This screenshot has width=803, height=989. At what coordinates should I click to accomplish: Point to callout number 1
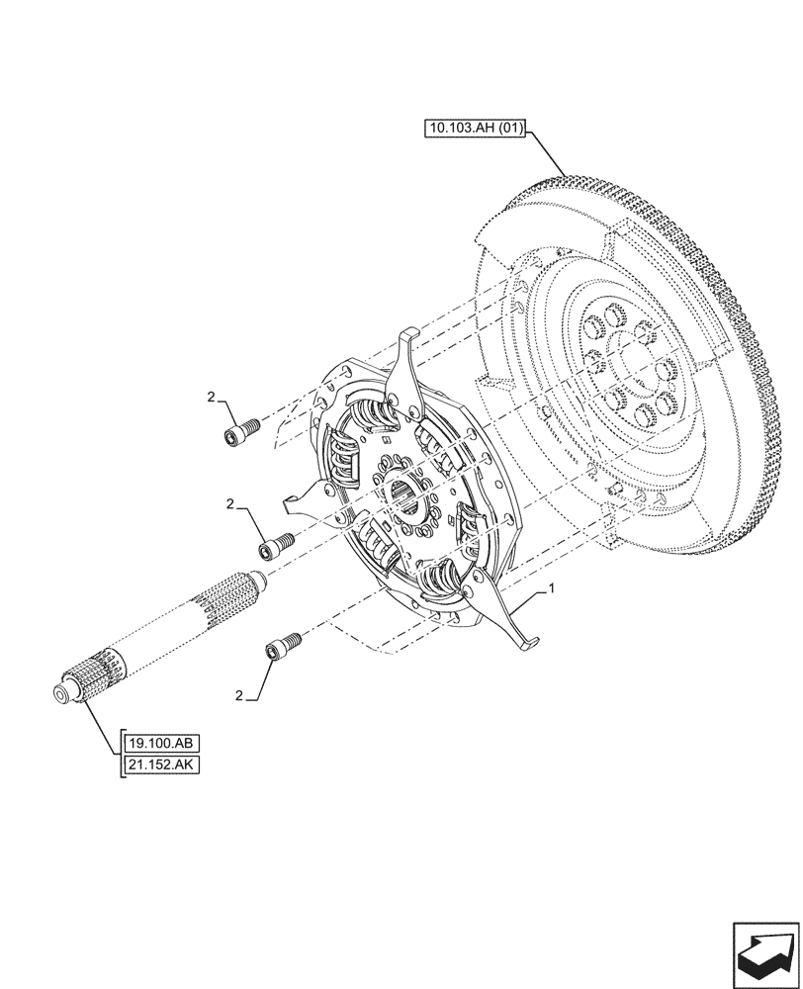(x=551, y=588)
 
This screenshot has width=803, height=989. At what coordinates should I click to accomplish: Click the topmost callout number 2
(x=211, y=397)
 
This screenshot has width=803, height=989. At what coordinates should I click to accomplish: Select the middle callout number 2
(x=230, y=504)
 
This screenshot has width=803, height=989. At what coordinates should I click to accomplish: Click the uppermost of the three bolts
(x=243, y=431)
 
